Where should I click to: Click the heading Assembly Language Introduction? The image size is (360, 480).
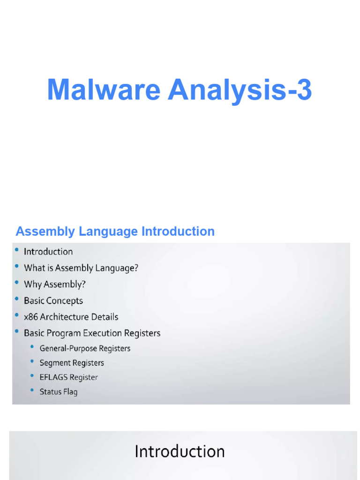(115, 231)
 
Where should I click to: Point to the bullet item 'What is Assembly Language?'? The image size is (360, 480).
(81, 268)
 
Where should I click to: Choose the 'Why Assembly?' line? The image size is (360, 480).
(55, 285)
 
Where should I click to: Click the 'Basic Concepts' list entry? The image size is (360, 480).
(53, 300)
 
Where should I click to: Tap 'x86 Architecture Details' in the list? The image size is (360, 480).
(71, 317)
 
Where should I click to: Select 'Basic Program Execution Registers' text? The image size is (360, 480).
(92, 333)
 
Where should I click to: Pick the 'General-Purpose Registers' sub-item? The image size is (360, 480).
(85, 348)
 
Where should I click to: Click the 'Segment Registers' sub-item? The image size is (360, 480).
(72, 363)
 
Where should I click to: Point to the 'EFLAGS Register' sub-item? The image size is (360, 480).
(69, 377)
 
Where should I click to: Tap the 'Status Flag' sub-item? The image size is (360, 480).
(59, 392)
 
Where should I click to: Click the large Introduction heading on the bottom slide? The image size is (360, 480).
(180, 451)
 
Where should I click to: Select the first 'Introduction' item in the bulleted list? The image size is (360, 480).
(48, 252)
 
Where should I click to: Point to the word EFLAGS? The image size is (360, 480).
(54, 377)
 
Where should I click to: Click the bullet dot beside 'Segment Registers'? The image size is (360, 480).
(32, 362)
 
